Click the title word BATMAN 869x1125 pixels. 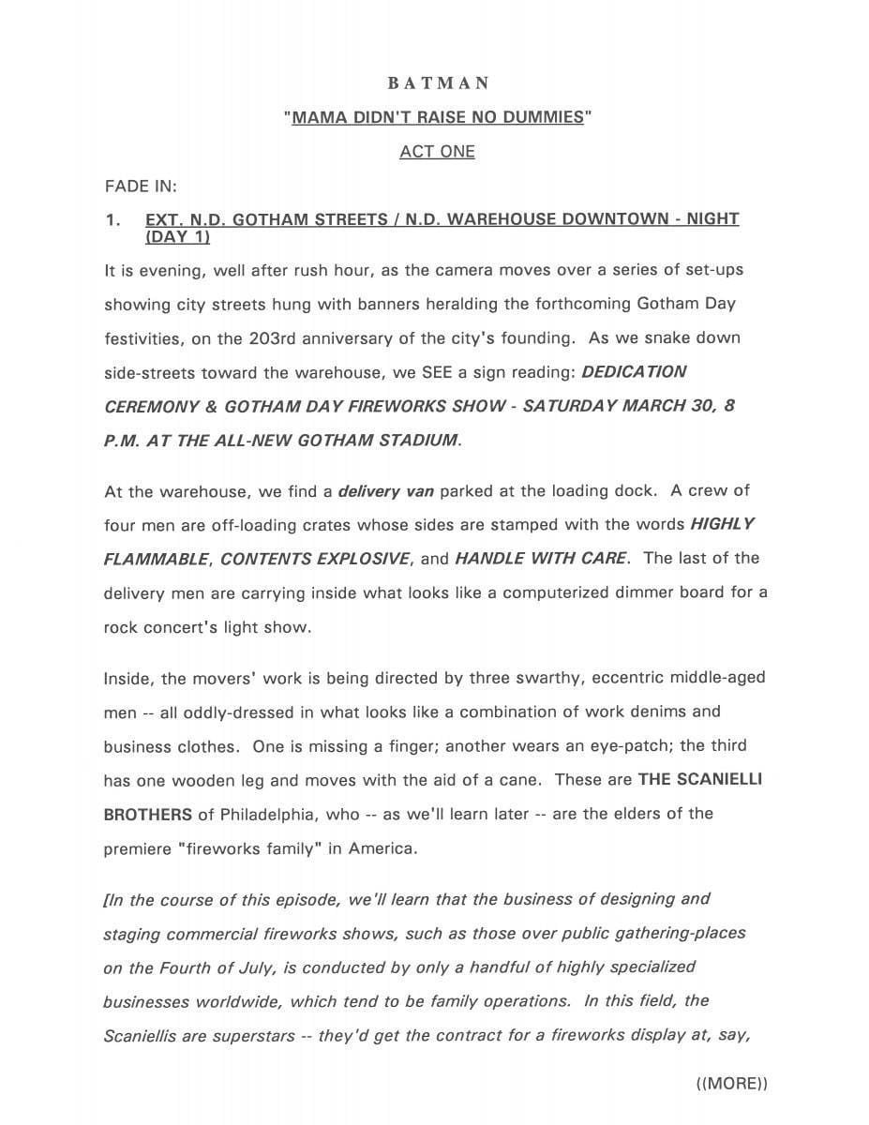click(438, 83)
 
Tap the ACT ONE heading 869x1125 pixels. click(437, 152)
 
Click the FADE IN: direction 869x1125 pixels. click(141, 186)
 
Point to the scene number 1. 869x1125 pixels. click(112, 219)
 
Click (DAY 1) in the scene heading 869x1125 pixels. click(177, 237)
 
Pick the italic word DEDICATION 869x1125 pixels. click(634, 372)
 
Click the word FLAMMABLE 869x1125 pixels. click(156, 559)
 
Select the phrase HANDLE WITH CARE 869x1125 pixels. click(540, 559)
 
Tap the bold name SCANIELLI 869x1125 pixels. click(700, 780)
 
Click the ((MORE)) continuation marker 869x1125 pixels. click(732, 1084)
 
